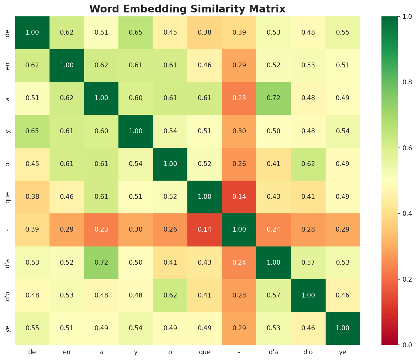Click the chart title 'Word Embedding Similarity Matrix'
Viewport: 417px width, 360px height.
tap(187, 9)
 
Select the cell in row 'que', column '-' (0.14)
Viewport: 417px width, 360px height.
tap(239, 197)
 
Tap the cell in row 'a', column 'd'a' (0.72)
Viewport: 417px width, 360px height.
tap(274, 98)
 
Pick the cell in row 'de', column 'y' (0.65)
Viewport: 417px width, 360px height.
tap(136, 32)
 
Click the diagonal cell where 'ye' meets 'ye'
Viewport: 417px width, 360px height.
tap(343, 328)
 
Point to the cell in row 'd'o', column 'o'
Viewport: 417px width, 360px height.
tap(170, 295)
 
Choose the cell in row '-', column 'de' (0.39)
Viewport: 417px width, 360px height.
tap(32, 229)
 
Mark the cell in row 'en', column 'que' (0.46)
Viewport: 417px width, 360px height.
tap(205, 65)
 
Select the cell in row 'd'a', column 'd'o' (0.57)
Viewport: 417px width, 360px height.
tap(308, 263)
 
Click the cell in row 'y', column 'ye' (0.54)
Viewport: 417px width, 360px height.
tap(343, 131)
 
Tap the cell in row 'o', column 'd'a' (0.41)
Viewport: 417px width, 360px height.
tap(274, 164)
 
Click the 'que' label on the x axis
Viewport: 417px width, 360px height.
tap(205, 352)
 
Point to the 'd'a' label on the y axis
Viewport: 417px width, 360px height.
tap(8, 263)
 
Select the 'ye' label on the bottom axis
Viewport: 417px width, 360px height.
tap(343, 352)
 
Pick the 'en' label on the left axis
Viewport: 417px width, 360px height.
tap(8, 65)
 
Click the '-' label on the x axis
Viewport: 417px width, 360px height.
tap(239, 352)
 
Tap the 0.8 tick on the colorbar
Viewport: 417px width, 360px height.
tap(400, 82)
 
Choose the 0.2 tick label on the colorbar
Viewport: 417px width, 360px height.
tap(400, 279)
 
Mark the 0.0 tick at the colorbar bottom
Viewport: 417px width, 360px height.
tap(400, 345)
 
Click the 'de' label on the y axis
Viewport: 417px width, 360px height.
tap(8, 32)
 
